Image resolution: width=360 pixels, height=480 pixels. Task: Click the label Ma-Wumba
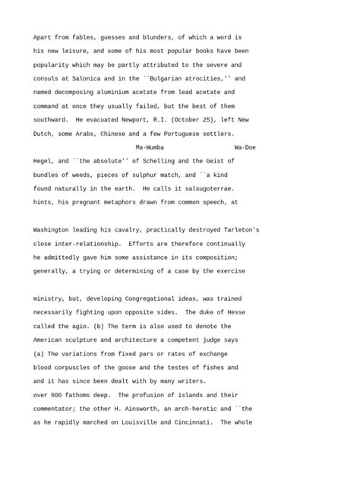[x=149, y=147]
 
